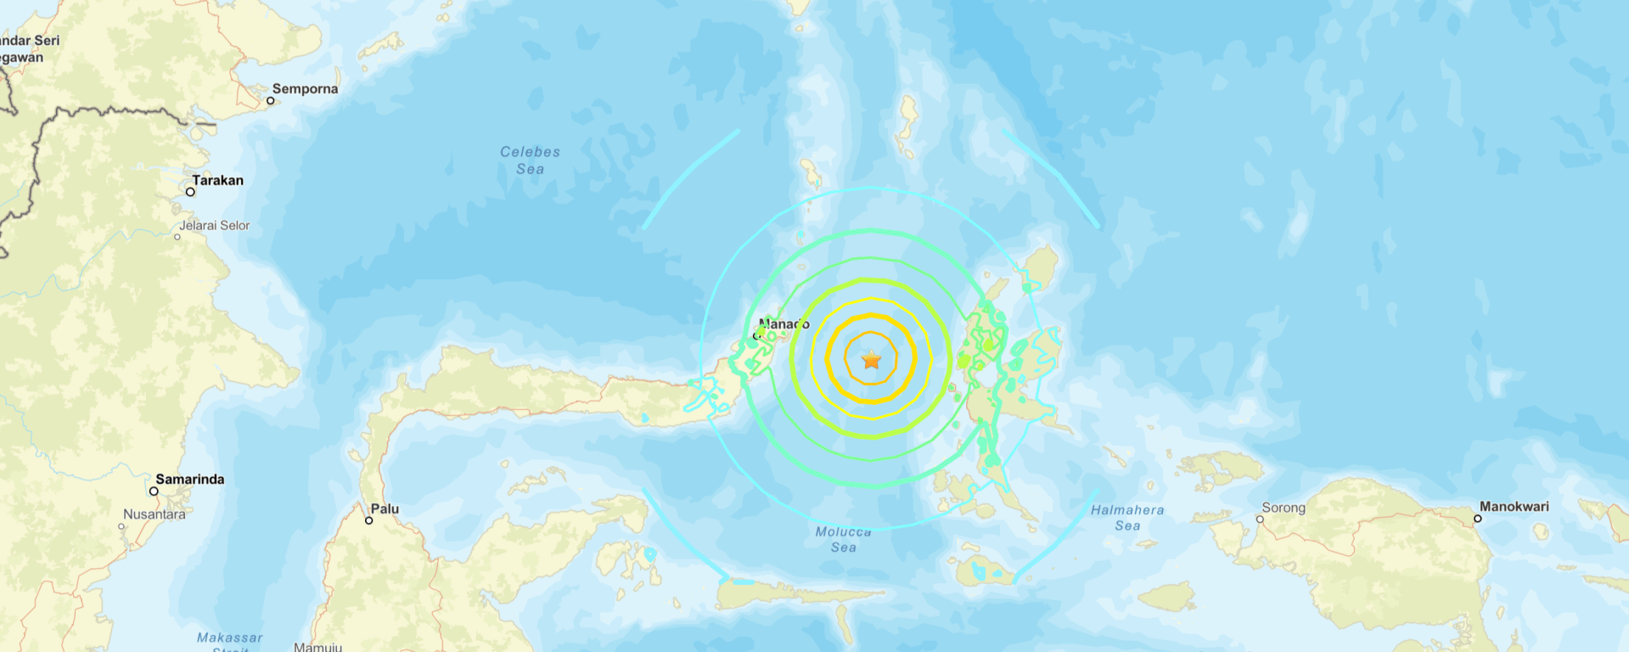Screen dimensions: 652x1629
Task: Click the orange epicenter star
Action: (872, 360)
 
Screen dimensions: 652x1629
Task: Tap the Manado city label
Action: (784, 324)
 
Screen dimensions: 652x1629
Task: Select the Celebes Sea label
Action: (530, 160)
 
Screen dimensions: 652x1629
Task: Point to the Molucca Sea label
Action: (843, 539)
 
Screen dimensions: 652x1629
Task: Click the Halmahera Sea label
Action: (1127, 518)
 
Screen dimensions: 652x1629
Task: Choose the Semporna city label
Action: (305, 89)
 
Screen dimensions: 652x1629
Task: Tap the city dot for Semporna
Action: (271, 100)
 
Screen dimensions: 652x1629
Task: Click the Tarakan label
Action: (217, 180)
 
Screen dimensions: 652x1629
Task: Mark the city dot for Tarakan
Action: (190, 192)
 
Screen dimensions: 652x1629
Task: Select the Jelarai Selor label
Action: (214, 226)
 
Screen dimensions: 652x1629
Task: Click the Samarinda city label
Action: (189, 480)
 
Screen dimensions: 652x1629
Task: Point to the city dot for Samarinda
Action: (154, 491)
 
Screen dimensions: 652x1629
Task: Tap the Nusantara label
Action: (154, 514)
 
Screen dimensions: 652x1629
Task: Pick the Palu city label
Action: (385, 509)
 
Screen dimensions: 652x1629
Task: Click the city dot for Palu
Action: (368, 520)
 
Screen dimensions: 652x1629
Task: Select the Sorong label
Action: (1283, 508)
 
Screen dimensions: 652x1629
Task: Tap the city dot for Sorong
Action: (1260, 519)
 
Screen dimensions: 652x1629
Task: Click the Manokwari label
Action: (1514, 507)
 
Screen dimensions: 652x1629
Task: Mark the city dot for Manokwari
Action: (1478, 518)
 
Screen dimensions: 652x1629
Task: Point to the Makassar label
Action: (229, 638)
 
